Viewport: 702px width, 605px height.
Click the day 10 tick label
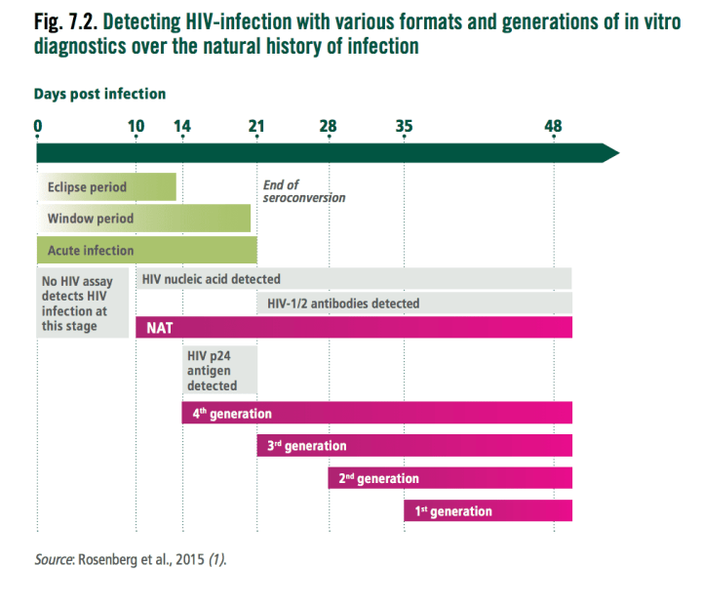[x=136, y=127]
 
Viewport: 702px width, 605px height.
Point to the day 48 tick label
[x=554, y=127]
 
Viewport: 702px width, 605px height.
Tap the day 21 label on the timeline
[x=256, y=127]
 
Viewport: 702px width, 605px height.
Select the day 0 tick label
[x=38, y=127]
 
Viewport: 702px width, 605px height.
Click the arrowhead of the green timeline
[x=611, y=153]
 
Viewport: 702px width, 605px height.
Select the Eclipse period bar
[x=106, y=187]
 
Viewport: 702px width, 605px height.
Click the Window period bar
[x=143, y=219]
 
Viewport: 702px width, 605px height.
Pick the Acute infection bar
[x=147, y=250]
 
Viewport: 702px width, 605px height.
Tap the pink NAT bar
[x=354, y=327]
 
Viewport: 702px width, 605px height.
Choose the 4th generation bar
[x=377, y=413]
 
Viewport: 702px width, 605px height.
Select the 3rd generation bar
[x=414, y=446]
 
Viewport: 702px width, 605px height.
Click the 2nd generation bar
[x=449, y=478]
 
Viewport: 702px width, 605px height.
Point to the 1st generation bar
[x=488, y=510]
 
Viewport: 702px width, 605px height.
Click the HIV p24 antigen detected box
[x=219, y=370]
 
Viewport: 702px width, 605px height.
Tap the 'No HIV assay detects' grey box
[x=82, y=302]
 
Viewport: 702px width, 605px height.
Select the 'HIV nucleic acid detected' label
[x=212, y=279]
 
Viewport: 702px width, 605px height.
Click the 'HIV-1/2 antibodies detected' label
[x=343, y=303]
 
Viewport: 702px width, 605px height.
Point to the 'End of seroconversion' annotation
[x=304, y=191]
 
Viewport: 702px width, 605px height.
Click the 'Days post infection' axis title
[x=99, y=94]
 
